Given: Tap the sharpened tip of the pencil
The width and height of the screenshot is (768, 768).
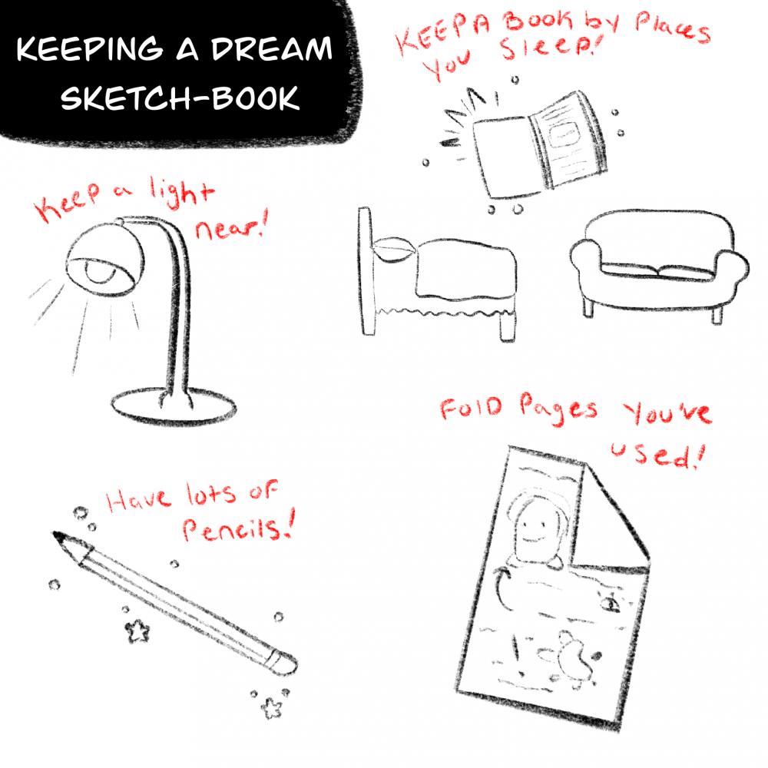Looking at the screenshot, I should point(58,537).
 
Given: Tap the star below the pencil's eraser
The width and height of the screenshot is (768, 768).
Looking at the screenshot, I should point(270,707).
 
